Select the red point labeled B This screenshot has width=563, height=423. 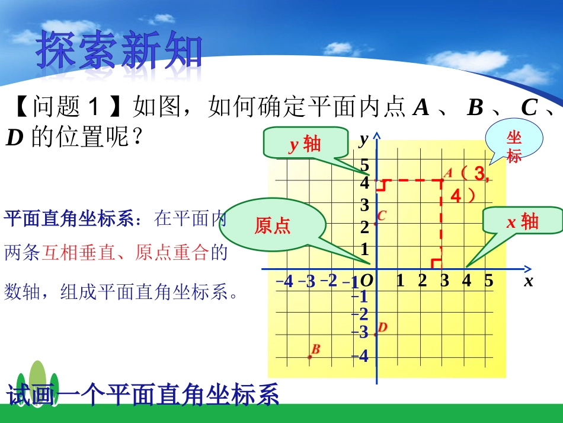(309, 357)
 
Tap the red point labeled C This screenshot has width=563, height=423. (376, 224)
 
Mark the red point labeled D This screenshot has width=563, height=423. (376, 333)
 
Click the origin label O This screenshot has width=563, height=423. (366, 281)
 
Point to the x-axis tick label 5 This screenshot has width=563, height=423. (488, 281)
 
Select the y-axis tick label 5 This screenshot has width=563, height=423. (364, 166)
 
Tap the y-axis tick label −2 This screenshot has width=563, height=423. (360, 314)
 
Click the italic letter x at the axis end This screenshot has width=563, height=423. (528, 281)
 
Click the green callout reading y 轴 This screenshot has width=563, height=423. (305, 144)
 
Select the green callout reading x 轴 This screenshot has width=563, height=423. (522, 221)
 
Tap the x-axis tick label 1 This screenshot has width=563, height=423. (400, 281)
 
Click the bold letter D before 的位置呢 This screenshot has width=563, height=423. (14, 139)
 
